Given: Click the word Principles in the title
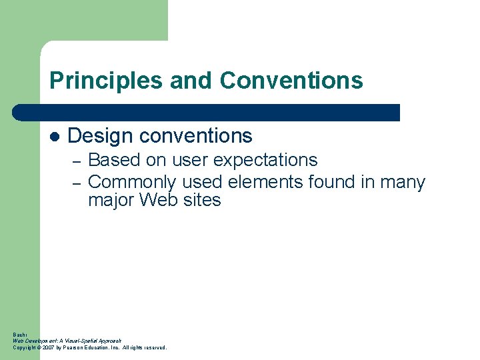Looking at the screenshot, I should (106, 81).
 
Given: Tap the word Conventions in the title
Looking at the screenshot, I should (291, 81).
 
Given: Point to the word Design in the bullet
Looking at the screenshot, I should (100, 136).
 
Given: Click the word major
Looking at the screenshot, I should (111, 200).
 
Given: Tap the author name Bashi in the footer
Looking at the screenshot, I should (18, 334).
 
